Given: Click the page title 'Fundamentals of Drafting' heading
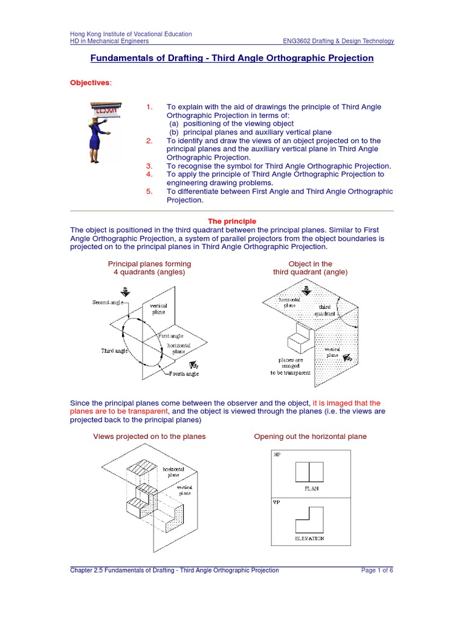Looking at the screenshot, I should (x=231, y=58).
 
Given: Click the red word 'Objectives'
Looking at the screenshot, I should (x=90, y=82).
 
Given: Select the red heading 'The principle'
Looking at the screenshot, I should (x=232, y=222).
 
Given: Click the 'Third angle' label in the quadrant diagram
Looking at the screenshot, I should (x=114, y=350).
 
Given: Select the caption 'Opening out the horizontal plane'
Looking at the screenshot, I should (x=310, y=436).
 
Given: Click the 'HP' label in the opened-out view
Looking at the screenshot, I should (x=277, y=454).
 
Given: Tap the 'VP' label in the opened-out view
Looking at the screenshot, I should (x=277, y=502).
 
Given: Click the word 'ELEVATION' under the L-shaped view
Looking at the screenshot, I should (x=309, y=538).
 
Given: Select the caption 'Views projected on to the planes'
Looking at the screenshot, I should (x=149, y=436).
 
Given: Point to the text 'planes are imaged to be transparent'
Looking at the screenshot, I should (x=291, y=366).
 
